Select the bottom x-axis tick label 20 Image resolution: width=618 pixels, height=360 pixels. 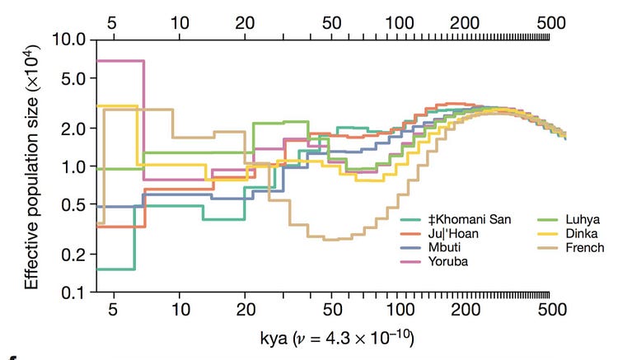pyautogui.click(x=245, y=311)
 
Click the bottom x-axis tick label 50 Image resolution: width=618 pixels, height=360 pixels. pyautogui.click(x=332, y=311)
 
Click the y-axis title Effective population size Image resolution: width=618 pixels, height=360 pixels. pyautogui.click(x=31, y=165)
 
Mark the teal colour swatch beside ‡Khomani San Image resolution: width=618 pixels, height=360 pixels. pyautogui.click(x=411, y=219)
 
